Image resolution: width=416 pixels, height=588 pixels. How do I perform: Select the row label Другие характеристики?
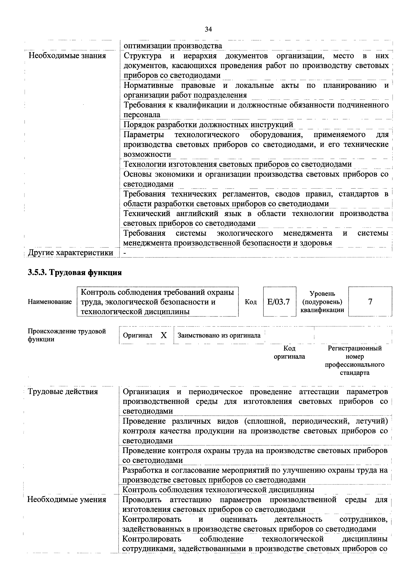tap(70, 253)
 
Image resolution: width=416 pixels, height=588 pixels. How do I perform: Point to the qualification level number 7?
tap(370, 302)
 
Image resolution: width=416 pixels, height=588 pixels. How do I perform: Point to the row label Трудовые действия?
tap(63, 391)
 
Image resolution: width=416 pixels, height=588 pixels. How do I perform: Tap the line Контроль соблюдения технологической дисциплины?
tap(218, 490)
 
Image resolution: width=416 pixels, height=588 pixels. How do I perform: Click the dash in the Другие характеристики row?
tap(125, 253)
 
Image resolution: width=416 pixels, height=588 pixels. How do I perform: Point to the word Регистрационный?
tap(354, 348)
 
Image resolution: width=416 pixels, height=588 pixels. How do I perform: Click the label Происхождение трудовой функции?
tap(67, 335)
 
